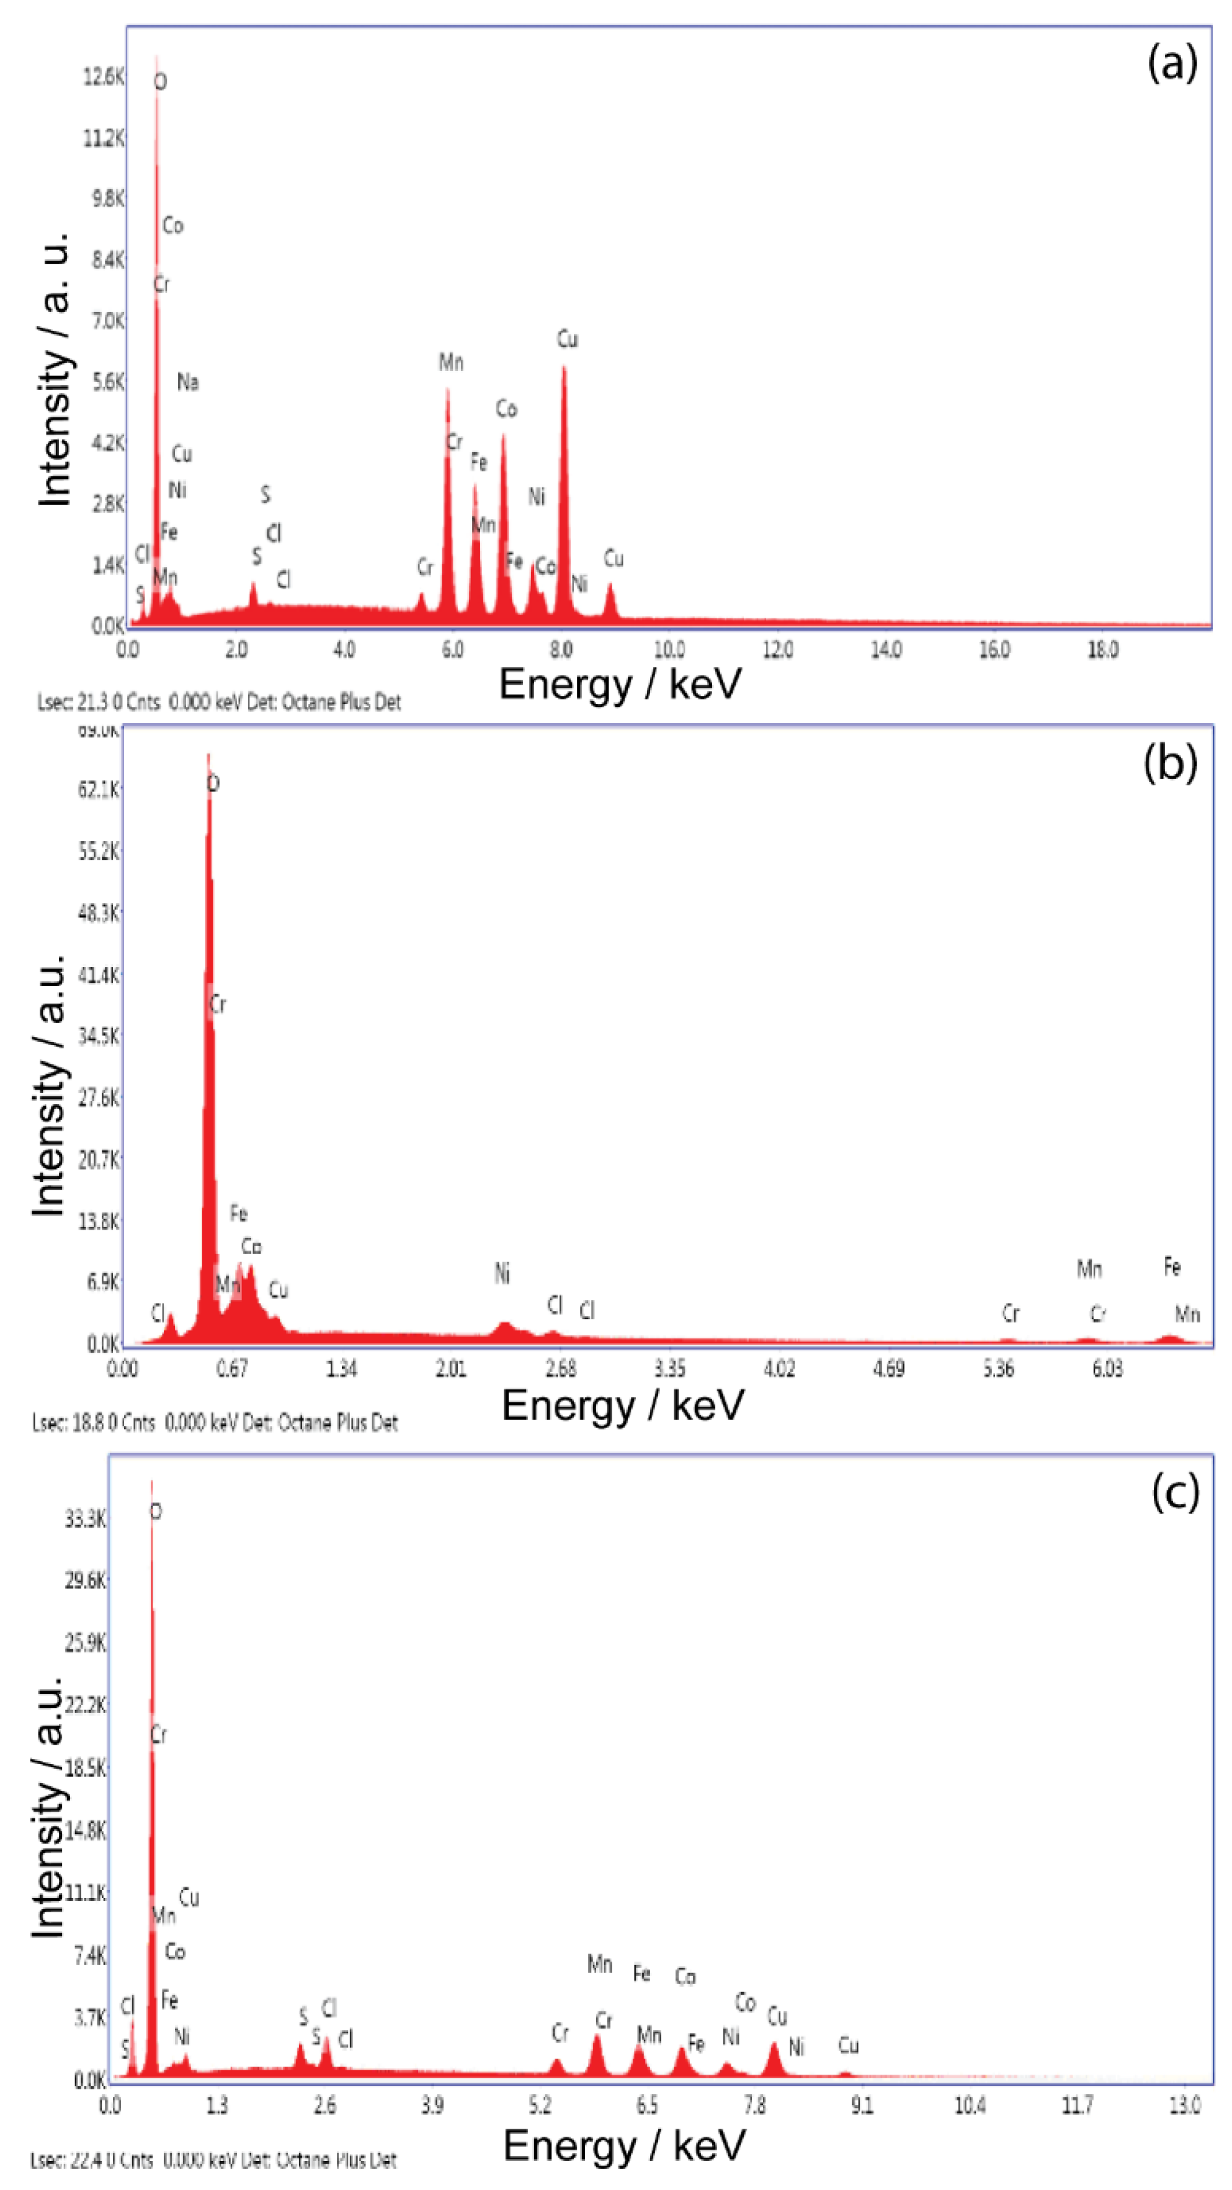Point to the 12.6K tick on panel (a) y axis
tap(104, 76)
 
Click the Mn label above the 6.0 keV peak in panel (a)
tap(450, 362)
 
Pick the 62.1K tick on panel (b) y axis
tap(99, 790)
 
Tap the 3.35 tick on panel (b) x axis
tap(669, 1369)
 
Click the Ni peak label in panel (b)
tap(502, 1273)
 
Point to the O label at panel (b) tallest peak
tap(213, 783)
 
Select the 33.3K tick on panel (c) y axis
tap(85, 1518)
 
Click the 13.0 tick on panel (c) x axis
tap(1184, 2105)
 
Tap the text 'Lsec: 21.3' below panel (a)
tap(73, 702)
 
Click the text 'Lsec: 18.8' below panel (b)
tap(68, 1422)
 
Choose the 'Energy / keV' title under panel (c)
tap(623, 2145)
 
